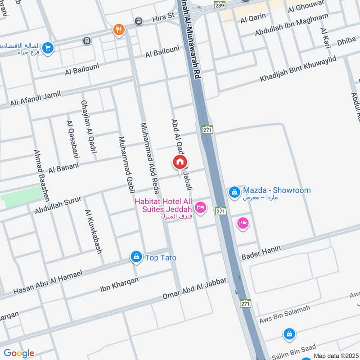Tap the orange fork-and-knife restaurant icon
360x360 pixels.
(119, 30)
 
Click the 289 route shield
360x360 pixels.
(219, 5)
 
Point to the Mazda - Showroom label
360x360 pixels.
(277, 190)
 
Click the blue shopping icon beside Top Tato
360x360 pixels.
(136, 257)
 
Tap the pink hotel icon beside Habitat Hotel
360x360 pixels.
(201, 207)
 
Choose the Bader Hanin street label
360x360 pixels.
(261, 252)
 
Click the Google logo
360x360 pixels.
(19, 353)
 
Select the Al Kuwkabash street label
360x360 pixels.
(93, 231)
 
